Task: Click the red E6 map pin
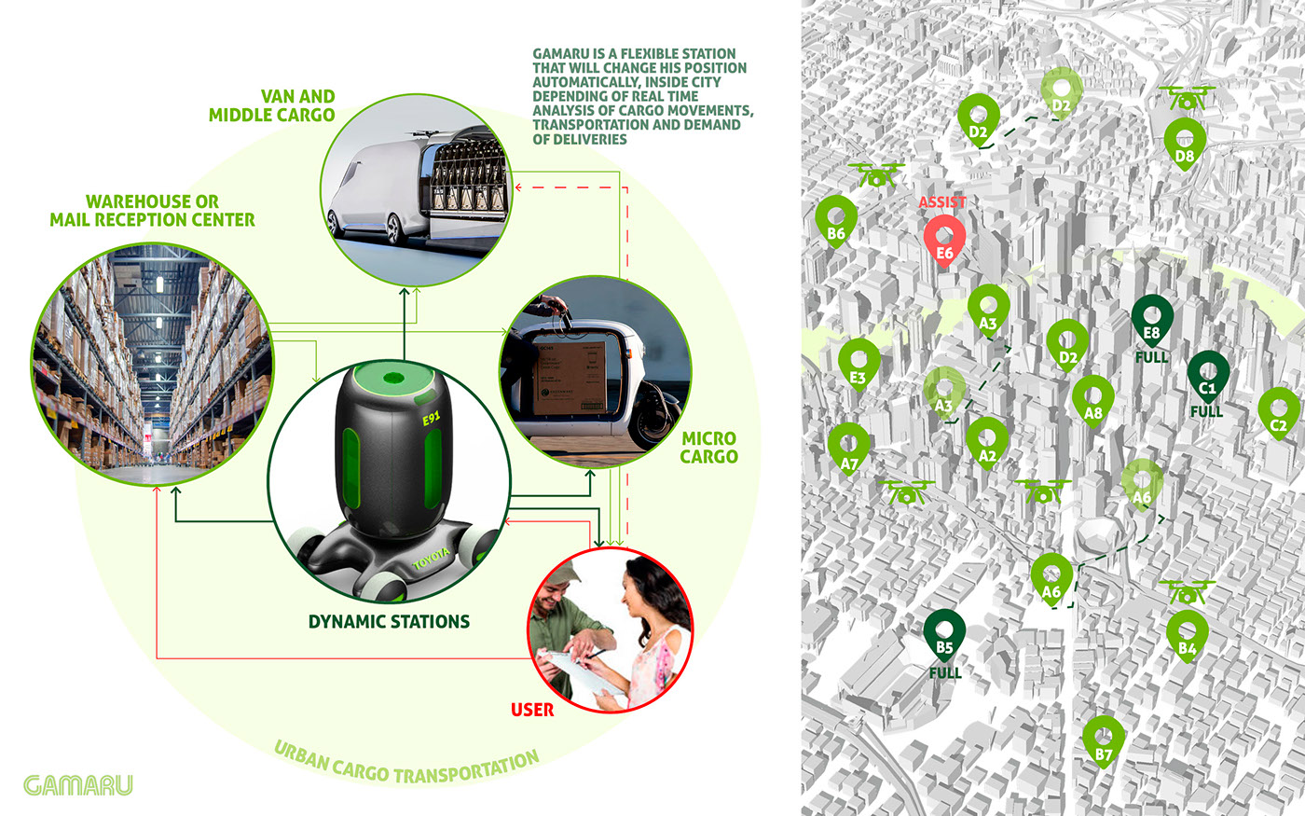(x=944, y=239)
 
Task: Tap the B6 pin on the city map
(x=836, y=220)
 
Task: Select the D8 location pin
(x=1185, y=143)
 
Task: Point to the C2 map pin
(x=1279, y=413)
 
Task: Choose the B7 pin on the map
(x=1104, y=740)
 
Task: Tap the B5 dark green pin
(x=944, y=634)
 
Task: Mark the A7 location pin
(x=849, y=449)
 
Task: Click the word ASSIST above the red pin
(x=942, y=201)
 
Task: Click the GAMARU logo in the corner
(x=78, y=784)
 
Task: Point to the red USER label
(x=532, y=710)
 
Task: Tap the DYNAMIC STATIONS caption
(x=389, y=621)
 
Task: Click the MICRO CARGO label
(x=708, y=447)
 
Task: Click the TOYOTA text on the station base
(x=431, y=559)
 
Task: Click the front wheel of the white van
(x=392, y=228)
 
